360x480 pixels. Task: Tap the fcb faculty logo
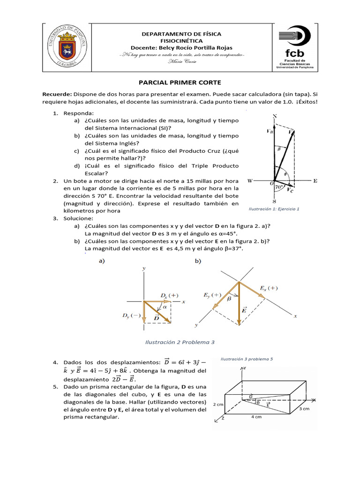pyautogui.click(x=294, y=47)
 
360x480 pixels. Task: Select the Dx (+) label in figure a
pyautogui.click(x=169, y=295)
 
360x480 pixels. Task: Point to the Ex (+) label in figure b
pyautogui.click(x=269, y=288)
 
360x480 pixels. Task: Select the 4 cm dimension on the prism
pyautogui.click(x=256, y=417)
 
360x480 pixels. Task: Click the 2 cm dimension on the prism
pyautogui.click(x=218, y=403)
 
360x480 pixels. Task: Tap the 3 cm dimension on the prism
pyautogui.click(x=304, y=409)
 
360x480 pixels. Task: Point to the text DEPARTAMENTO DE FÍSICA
pyautogui.click(x=181, y=34)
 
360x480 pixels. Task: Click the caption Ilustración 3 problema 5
pyautogui.click(x=246, y=359)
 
